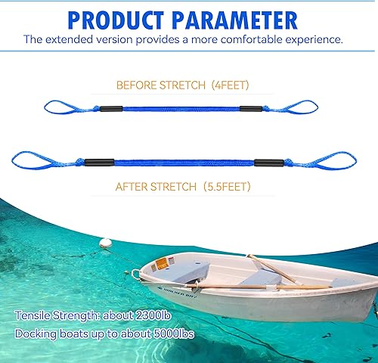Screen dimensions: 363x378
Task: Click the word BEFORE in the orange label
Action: point(138,85)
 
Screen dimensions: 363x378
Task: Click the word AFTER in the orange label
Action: point(132,185)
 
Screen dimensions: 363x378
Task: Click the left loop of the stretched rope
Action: point(31,160)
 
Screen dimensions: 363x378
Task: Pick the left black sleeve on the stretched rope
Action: point(101,161)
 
